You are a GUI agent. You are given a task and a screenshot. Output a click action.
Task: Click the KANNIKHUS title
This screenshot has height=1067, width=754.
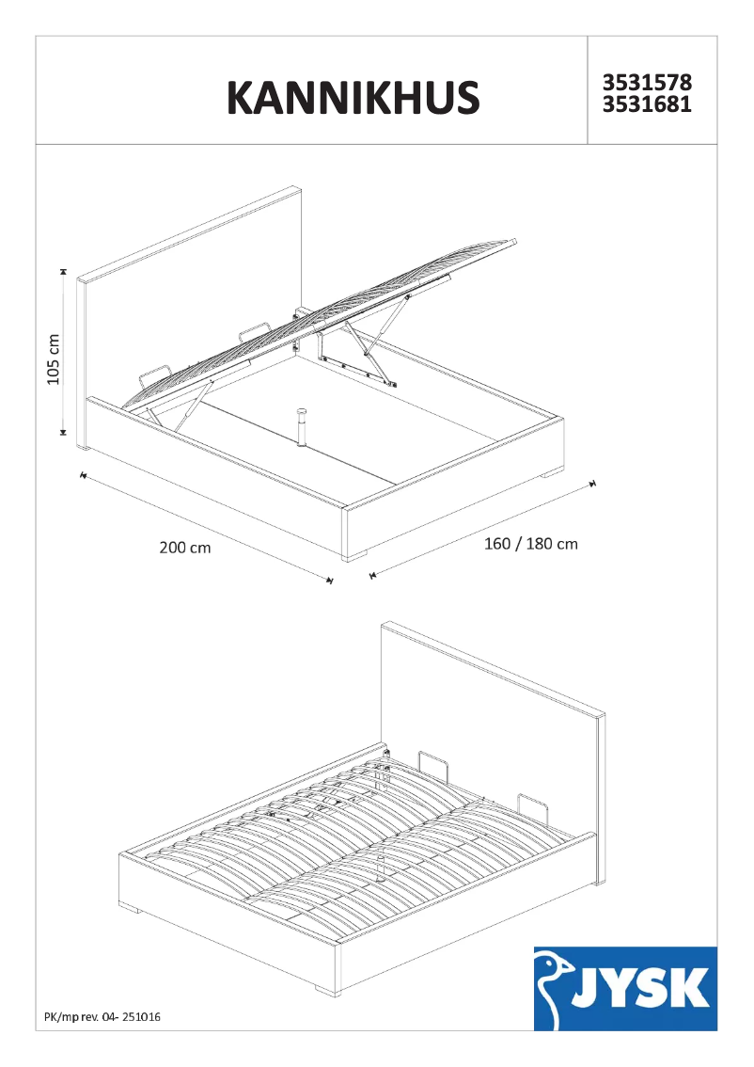tap(353, 97)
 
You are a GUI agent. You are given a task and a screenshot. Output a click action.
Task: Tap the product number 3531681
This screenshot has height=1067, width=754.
tap(647, 105)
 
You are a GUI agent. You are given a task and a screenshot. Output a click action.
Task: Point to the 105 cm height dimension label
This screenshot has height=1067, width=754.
tap(54, 358)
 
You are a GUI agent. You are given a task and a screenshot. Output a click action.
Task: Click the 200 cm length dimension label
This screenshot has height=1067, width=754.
tap(185, 548)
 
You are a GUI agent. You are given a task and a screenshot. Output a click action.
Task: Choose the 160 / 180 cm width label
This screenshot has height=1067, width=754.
tap(530, 544)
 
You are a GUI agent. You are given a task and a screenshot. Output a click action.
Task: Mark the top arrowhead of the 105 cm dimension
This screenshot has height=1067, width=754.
tap(63, 272)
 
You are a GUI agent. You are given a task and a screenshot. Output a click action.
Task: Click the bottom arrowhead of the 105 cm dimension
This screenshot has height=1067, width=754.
tap(63, 432)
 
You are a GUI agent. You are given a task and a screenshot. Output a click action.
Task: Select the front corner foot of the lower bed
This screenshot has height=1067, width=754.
tap(325, 991)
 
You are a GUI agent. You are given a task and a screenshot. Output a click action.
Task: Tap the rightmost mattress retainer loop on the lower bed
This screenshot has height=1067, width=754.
tap(532, 806)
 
